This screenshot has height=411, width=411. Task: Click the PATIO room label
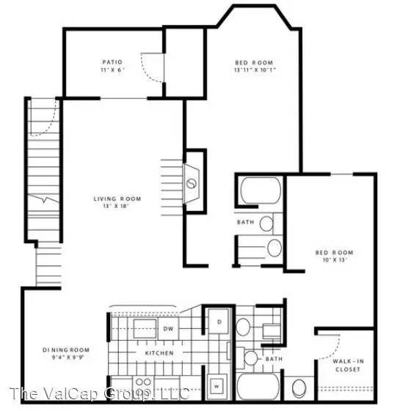coord(112,62)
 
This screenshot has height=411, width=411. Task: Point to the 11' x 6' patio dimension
coord(112,71)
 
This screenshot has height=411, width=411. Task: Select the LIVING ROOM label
coord(117,199)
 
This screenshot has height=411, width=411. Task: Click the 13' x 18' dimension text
coord(117,207)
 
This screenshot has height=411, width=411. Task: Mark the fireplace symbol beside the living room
coord(193,181)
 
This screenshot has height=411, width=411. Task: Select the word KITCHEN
coord(159,353)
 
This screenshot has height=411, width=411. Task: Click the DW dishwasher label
coord(168,329)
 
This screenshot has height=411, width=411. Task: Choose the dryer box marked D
coord(218,322)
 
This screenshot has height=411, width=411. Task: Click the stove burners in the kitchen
coord(142,382)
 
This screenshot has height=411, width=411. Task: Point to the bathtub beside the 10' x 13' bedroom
coord(261,191)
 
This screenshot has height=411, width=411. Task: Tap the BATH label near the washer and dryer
coord(274,359)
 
